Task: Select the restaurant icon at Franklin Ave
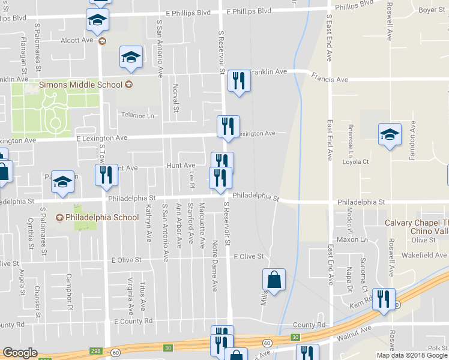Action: point(239,80)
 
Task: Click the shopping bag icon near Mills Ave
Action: point(274,279)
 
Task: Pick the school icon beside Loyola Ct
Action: point(390,134)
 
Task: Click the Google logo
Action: point(20,353)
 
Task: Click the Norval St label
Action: point(176,98)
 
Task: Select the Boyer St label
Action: point(431,10)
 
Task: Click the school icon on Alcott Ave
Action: point(96,21)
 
